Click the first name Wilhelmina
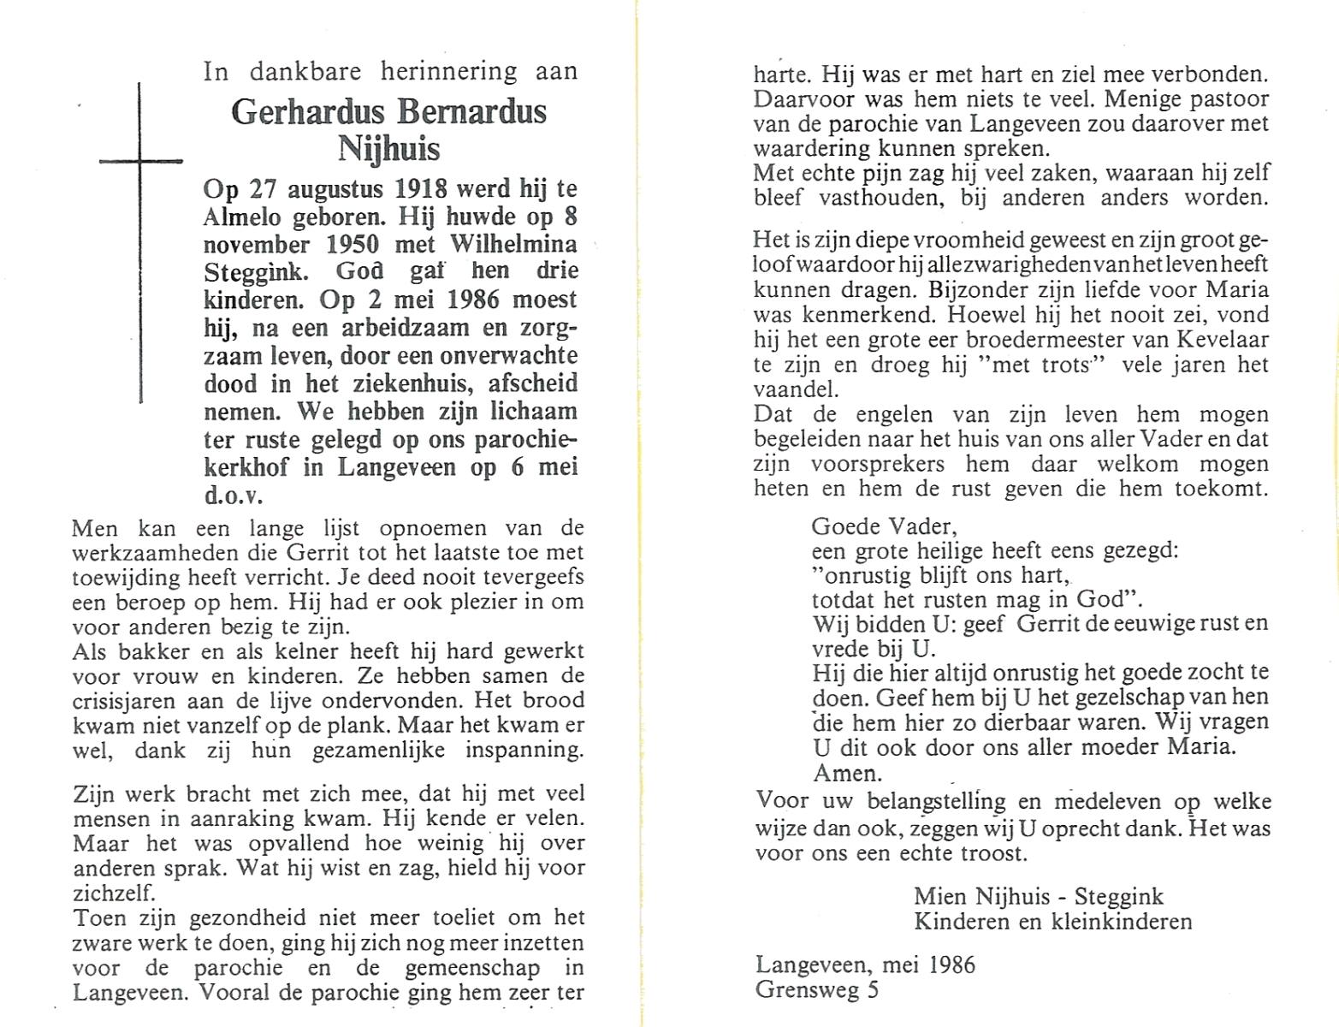[x=512, y=245]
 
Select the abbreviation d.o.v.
[x=233, y=496]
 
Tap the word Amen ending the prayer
[x=845, y=774]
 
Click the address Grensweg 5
[x=816, y=990]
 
